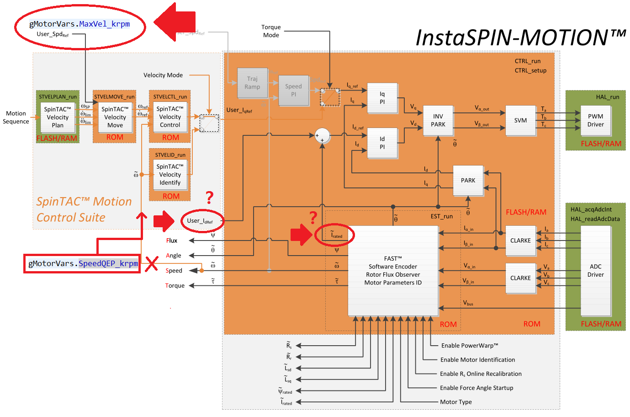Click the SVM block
pos(520,121)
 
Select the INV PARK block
pos(438,121)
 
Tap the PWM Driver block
pos(595,121)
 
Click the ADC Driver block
pos(595,271)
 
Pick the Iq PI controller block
pos(382,98)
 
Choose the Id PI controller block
pos(382,143)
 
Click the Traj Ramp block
pos(252,83)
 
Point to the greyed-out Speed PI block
pos(293,90)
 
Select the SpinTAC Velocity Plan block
pos(58,117)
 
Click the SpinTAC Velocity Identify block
pos(170,175)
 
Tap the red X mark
pos(152,264)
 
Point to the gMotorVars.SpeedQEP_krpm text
pos(83,264)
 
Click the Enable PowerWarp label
pos(469,346)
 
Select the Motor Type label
pos(455,402)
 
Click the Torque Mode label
pos(271,31)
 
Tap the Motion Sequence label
pos(16,118)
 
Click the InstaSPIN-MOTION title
pos(520,37)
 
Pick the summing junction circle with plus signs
pos(322,136)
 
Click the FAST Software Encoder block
pos(393,271)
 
